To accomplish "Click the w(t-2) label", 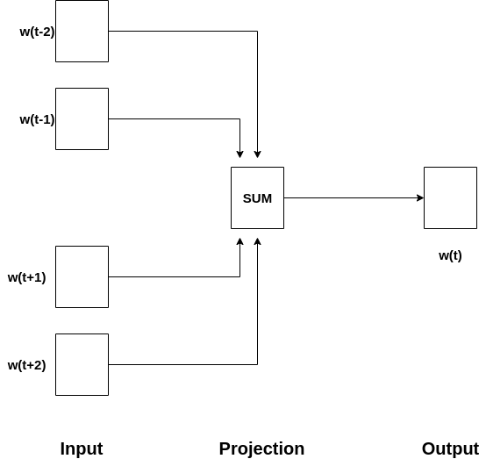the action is click(37, 32).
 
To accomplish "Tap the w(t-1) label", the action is click(37, 119).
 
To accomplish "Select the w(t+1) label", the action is click(26, 277).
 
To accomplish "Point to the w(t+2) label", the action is click(26, 365).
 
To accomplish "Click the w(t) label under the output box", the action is click(450, 256).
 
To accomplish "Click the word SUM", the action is click(257, 198).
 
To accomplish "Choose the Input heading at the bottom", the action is click(82, 448).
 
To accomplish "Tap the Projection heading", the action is click(261, 448).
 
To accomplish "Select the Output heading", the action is click(450, 448).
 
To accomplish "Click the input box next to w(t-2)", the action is click(82, 31).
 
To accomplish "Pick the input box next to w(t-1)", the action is click(82, 118).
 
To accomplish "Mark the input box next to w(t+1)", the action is click(82, 277).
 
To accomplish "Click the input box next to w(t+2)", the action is click(82, 365).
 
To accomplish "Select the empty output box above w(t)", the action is click(450, 197).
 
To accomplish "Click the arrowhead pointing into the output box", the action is click(420, 197).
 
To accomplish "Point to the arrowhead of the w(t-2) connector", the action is click(257, 154).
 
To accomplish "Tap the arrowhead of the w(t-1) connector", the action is click(239, 154).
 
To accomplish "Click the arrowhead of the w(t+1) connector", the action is click(239, 241).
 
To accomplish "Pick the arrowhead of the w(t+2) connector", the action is click(257, 241).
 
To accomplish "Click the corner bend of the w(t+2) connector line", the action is click(257, 364).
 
